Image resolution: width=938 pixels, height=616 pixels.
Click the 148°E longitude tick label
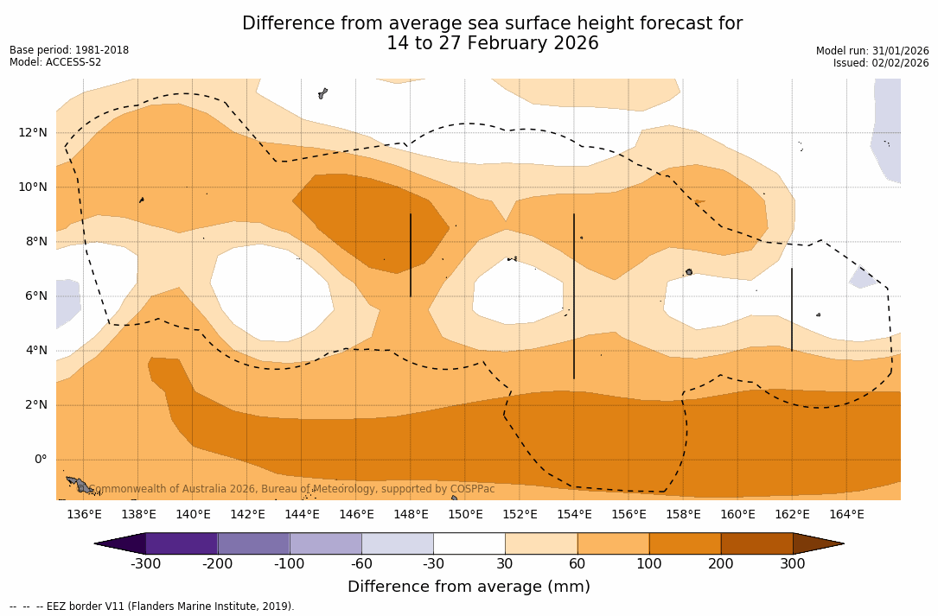411,515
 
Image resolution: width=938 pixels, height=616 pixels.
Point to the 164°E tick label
846,515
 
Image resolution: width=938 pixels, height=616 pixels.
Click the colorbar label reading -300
146,564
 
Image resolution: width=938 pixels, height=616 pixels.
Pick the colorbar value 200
721,564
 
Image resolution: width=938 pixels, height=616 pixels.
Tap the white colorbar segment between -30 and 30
469,543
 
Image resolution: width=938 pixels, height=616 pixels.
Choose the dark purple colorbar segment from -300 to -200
182,543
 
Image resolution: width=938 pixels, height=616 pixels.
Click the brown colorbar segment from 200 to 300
756,543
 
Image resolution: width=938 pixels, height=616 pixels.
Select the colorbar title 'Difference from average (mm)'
469,587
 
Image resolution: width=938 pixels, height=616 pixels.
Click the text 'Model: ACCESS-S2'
55,62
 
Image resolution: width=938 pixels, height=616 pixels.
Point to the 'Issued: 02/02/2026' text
881,63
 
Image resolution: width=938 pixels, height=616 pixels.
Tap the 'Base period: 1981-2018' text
69,50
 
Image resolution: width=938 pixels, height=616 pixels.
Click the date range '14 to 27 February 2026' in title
492,43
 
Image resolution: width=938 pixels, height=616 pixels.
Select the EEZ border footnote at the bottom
152,606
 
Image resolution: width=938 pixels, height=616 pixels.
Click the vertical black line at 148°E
411,255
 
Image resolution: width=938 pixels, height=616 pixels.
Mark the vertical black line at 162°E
792,309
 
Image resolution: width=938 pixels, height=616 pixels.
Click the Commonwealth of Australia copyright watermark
292,489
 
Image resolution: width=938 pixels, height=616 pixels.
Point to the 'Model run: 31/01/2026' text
872,51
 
